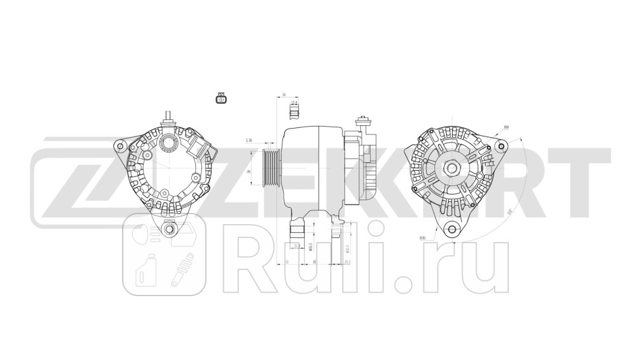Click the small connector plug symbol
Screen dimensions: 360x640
[220, 99]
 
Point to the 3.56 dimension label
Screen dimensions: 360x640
[249, 140]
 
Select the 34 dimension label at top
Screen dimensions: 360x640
[284, 95]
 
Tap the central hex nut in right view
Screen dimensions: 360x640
[452, 167]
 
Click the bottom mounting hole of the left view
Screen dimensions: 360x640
[170, 229]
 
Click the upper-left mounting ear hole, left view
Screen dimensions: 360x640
[119, 144]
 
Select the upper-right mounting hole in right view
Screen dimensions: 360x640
[502, 145]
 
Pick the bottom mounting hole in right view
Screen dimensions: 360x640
[452, 229]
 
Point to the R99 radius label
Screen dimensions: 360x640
[506, 127]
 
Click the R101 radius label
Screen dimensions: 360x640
[422, 237]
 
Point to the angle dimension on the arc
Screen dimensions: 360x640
[509, 212]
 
